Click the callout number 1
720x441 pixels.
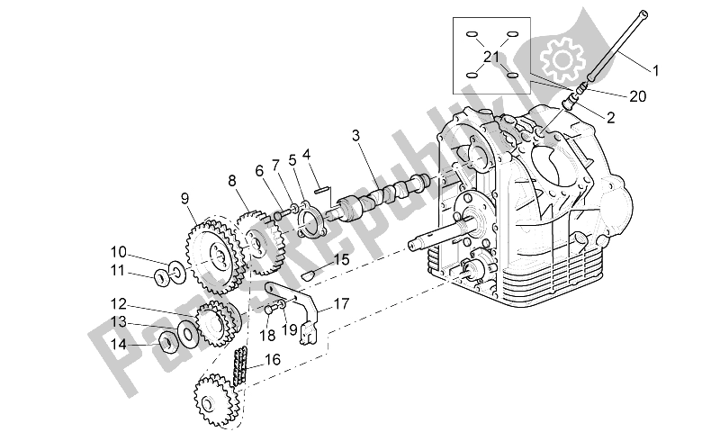coord(656,69)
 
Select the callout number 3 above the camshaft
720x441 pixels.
coord(356,136)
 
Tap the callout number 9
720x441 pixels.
coord(184,200)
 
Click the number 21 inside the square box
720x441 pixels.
coord(490,57)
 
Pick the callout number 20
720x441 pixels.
coord(638,97)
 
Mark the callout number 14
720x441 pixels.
coord(120,343)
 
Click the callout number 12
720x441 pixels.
coord(120,303)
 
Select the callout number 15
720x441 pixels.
coord(340,260)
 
